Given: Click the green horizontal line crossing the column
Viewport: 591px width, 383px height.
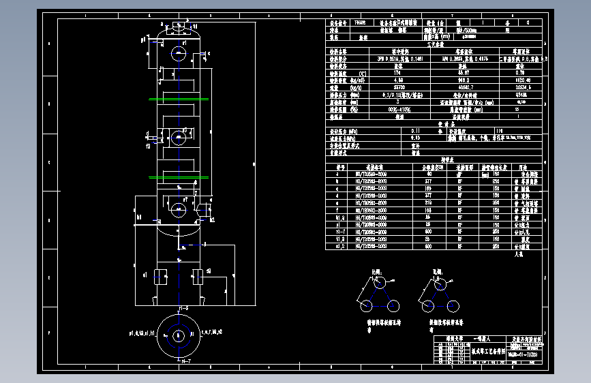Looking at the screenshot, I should click(x=179, y=99).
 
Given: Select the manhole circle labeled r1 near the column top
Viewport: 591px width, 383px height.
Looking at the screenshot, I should click(x=179, y=52).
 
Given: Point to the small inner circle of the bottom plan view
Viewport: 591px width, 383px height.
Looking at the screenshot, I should click(x=179, y=336).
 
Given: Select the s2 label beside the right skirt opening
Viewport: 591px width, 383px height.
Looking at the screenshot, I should click(x=208, y=271).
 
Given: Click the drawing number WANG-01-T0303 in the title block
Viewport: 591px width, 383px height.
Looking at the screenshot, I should click(x=526, y=354).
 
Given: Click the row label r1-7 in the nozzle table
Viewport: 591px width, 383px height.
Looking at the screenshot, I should click(x=341, y=232).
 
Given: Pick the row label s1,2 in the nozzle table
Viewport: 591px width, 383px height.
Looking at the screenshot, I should click(x=341, y=245).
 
